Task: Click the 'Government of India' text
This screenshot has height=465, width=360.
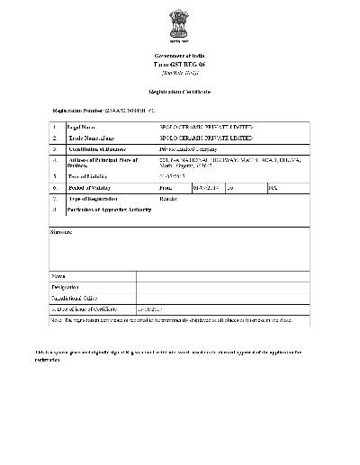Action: click(180, 56)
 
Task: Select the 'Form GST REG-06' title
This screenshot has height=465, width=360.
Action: click(180, 65)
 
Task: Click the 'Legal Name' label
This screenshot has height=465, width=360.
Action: click(82, 129)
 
